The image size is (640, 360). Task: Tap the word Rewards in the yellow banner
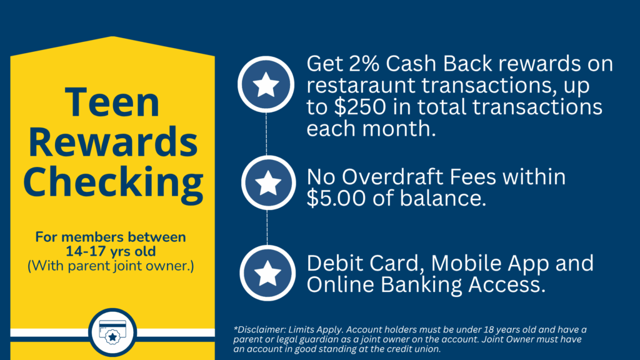(112, 142)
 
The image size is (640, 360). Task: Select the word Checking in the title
(113, 182)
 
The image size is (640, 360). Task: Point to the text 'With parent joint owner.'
(111, 266)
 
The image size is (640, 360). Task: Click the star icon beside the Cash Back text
(266, 84)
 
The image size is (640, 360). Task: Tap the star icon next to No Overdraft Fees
(268, 182)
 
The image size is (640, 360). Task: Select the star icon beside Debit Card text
(267, 272)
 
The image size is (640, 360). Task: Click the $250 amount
(360, 107)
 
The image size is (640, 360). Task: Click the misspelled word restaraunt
(361, 86)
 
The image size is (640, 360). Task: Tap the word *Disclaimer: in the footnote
(259, 329)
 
